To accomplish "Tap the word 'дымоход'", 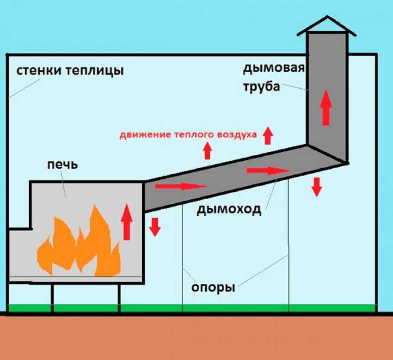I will point(229,209).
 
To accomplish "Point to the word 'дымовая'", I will point(273,69).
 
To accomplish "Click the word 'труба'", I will point(262,86).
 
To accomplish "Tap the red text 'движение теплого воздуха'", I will point(188,135).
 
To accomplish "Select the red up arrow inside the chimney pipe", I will point(326,107).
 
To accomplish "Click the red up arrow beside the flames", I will point(127,222).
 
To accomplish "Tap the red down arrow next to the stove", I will point(155,226).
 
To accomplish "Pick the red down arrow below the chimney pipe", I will point(317,186).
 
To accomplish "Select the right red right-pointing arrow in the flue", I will point(268,171).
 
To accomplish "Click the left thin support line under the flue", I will point(183,259).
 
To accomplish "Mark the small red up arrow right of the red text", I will point(268,135).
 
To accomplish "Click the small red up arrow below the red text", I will point(208,151).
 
